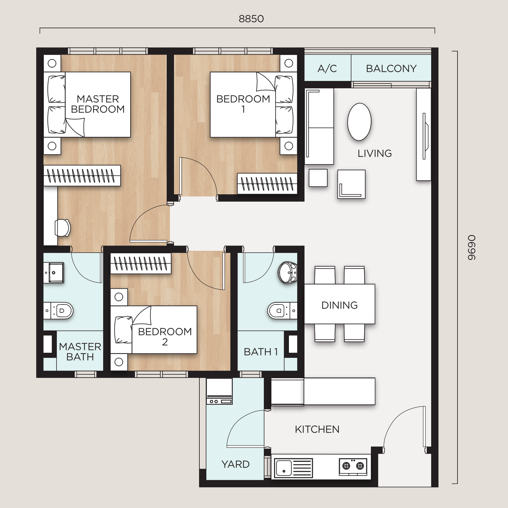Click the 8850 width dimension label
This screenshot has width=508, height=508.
point(251,19)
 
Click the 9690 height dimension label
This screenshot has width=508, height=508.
point(472,248)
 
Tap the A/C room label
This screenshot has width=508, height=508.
point(327,68)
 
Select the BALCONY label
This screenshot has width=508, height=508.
point(391,68)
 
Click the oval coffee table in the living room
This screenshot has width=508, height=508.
point(359,122)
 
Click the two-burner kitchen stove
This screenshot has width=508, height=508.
point(353,466)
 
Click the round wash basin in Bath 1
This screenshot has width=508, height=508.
point(288,272)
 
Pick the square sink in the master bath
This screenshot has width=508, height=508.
point(54,272)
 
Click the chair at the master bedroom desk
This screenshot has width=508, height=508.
point(63,228)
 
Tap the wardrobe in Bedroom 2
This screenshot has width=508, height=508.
point(141,263)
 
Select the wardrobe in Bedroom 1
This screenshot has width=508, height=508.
point(267,184)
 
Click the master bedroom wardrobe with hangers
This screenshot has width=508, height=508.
point(82,176)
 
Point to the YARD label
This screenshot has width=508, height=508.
point(235,464)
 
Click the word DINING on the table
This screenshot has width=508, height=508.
point(339,305)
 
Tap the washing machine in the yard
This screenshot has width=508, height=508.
point(219,391)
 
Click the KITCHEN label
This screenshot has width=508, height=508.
point(317,429)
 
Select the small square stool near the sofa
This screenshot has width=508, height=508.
point(318,178)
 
